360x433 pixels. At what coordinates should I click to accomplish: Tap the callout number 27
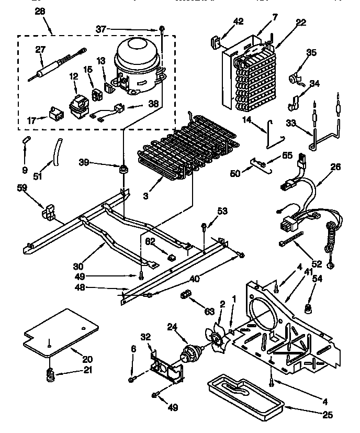[x=41, y=50]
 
